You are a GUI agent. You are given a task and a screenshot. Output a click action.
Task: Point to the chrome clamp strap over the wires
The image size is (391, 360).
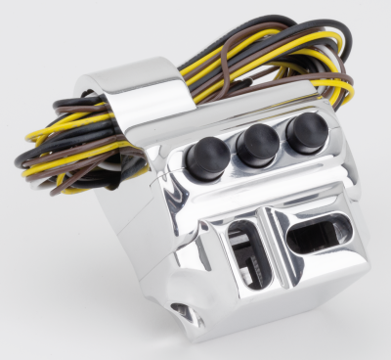pyautogui.click(x=147, y=93)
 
